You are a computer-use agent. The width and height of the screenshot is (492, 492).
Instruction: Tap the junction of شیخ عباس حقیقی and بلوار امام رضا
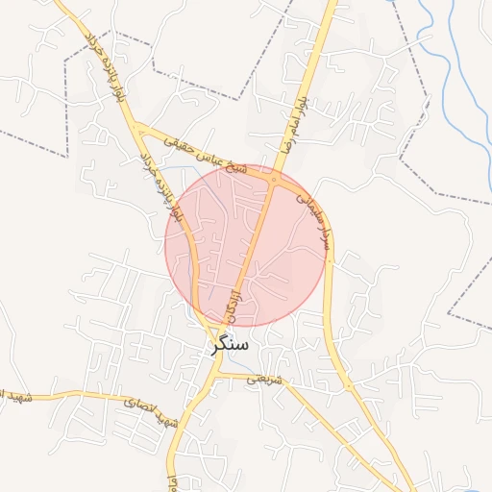(275, 179)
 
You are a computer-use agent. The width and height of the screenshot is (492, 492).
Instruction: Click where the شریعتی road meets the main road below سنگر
(219, 376)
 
